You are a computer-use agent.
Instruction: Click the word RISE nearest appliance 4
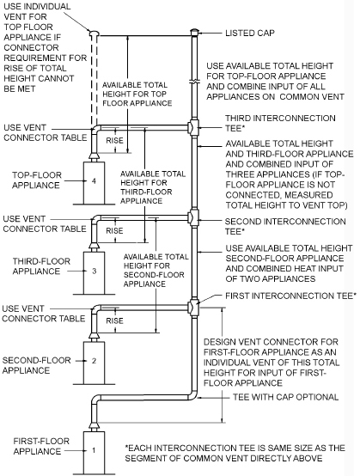pos(113,137)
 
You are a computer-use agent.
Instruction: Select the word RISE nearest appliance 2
pos(113,320)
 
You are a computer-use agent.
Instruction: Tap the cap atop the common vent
pos(195,32)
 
